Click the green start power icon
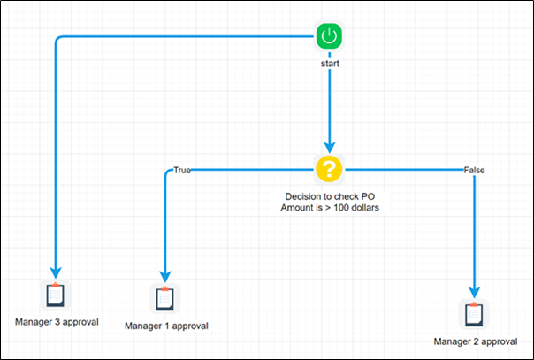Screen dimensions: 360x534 click(x=329, y=36)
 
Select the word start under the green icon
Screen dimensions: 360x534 click(x=329, y=64)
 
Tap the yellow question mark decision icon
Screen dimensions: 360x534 click(x=329, y=167)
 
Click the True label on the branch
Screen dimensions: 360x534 click(x=182, y=170)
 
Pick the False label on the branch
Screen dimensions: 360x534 click(x=474, y=170)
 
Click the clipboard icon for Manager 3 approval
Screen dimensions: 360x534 click(x=55, y=295)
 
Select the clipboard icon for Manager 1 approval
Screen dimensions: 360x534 click(x=164, y=299)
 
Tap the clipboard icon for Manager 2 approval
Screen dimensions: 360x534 click(x=476, y=313)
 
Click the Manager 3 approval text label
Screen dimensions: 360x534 click(x=57, y=321)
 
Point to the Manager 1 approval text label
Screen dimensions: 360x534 click(x=165, y=326)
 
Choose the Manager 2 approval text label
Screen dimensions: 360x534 click(x=475, y=341)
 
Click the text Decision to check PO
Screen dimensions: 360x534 click(x=328, y=195)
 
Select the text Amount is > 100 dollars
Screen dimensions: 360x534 click(x=328, y=208)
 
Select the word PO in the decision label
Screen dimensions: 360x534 click(x=364, y=195)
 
